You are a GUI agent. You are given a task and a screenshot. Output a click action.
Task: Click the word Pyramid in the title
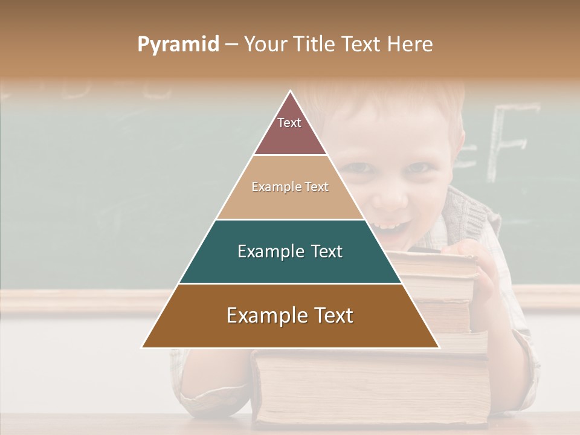click(x=178, y=45)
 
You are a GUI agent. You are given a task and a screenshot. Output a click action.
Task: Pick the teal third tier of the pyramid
click(x=290, y=266)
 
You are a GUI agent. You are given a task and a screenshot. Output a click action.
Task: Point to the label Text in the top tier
click(x=289, y=123)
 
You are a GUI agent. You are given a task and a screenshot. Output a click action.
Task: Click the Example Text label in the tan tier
click(x=290, y=187)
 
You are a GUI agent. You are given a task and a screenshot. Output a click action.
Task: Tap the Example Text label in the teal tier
click(x=290, y=251)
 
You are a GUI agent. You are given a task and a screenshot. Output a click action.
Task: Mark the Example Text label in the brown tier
click(x=290, y=315)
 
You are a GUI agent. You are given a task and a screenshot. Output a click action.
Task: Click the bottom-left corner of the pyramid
click(x=143, y=347)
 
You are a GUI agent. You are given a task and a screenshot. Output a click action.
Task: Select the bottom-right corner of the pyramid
click(x=439, y=347)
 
